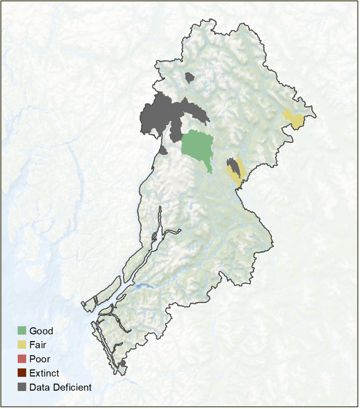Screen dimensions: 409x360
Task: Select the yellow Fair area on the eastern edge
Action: (295, 119)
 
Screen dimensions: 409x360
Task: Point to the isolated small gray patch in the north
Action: (189, 77)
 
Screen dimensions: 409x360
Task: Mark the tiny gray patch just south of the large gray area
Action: (163, 150)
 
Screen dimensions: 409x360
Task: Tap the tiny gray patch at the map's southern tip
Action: (122, 364)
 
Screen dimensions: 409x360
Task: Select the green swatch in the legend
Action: (22, 331)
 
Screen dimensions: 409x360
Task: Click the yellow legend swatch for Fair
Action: (22, 345)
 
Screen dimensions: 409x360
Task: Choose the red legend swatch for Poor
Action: (22, 359)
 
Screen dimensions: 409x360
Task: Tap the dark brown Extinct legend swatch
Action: (22, 373)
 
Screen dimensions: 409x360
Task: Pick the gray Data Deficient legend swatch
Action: (22, 387)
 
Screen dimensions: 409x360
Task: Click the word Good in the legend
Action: (41, 331)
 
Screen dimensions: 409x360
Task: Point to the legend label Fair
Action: (38, 345)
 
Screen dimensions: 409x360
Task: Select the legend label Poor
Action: (40, 359)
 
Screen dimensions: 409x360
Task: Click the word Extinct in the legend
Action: (44, 373)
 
